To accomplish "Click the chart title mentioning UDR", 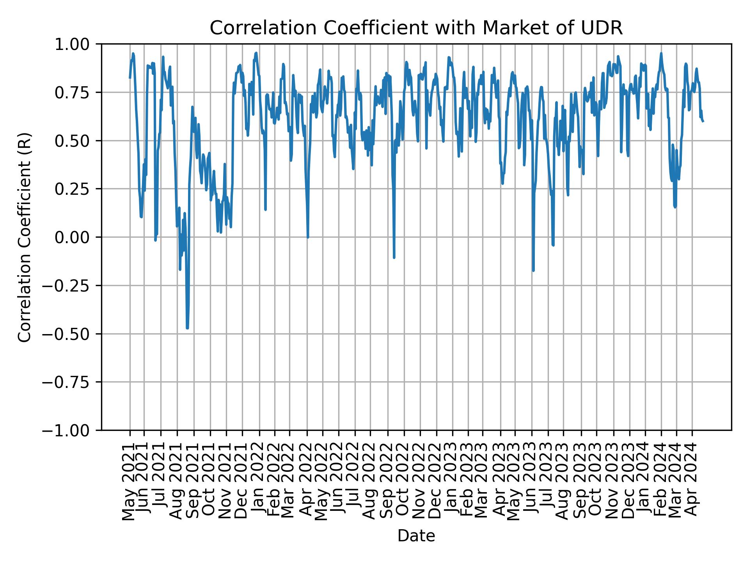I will point(416,28).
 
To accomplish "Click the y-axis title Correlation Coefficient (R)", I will point(25,237).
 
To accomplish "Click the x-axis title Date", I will point(416,536).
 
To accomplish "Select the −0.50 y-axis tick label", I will point(72,334).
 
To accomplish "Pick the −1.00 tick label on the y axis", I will point(72,430).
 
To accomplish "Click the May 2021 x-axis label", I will point(129,481).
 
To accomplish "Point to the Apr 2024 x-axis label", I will point(692,481).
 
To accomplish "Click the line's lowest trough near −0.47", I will point(187,328).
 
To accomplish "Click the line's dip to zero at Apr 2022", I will point(308,237).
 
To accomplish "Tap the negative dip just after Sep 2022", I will point(394,257).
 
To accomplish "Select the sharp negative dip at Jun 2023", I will point(533,270).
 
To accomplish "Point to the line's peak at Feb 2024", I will point(661,53).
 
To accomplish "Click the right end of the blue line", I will point(703,121).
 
